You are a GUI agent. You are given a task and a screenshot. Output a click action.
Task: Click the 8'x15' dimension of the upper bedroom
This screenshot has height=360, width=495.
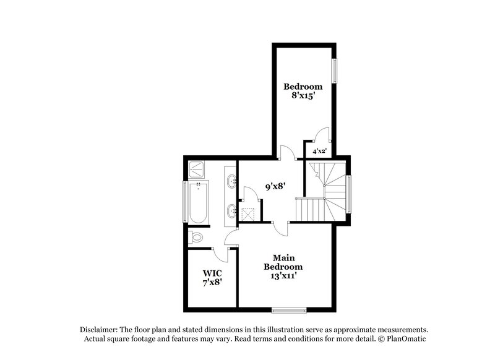pos(303,96)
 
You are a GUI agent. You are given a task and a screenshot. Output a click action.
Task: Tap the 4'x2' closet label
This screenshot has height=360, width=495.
pos(319,151)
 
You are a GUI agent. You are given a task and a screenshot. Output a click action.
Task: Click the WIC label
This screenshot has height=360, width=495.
pos(212,272)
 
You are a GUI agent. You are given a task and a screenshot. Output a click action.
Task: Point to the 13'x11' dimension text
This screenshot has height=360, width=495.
pos(283,277)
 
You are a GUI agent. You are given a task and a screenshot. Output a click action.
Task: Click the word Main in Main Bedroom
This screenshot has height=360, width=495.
pos(284,257)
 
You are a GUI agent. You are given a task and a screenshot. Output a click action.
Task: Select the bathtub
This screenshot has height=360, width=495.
pos(199,202)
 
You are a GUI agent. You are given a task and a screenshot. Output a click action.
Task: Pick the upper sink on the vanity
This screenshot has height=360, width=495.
pos(232,182)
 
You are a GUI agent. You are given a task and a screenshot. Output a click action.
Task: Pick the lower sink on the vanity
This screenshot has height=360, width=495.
pos(232,211)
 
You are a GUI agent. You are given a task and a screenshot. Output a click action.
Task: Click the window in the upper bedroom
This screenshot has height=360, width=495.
pos(335,71)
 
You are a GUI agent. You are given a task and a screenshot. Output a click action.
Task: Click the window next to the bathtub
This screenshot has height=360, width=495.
pos(184,202)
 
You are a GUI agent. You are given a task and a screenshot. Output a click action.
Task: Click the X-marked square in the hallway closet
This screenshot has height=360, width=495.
pos(249,213)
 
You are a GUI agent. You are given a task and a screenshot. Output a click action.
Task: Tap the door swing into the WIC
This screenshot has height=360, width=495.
pos(220,251)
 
